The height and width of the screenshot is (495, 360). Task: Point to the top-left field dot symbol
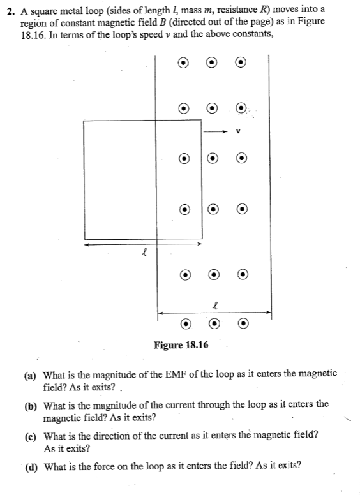183,63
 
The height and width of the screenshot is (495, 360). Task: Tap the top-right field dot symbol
241,63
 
